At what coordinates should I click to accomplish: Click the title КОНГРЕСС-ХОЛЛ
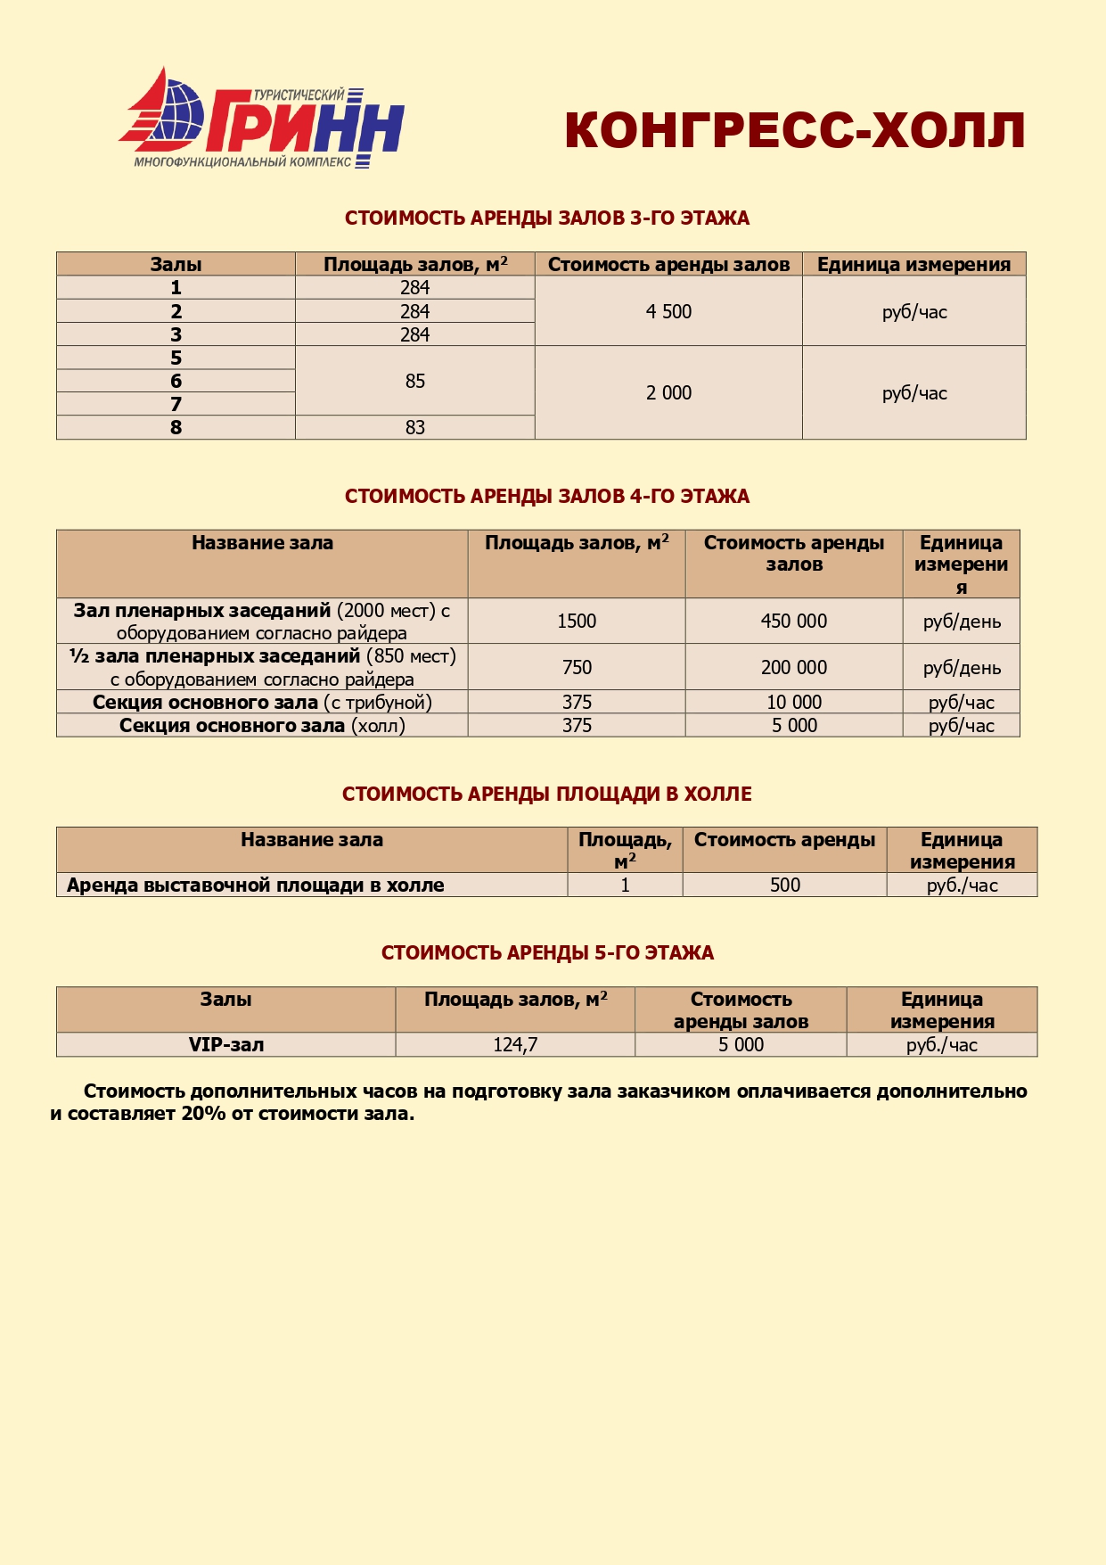(794, 130)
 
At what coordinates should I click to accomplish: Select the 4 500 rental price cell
(668, 311)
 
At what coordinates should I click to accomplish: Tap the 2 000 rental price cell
(668, 392)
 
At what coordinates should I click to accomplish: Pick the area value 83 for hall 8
(415, 427)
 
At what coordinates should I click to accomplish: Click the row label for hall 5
(176, 358)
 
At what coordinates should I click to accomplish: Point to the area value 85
(415, 381)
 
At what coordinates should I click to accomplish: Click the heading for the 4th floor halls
(546, 496)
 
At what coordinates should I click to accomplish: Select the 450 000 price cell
(793, 621)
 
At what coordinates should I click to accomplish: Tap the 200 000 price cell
(793, 667)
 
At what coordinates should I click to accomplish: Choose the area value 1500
(577, 621)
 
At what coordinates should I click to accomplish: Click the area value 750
(577, 667)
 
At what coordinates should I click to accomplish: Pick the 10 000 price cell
(793, 702)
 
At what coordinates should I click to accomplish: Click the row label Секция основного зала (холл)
(262, 725)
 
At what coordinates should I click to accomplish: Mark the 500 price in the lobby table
(784, 885)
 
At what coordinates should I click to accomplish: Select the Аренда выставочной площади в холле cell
(256, 885)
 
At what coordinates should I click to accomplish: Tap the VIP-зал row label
(225, 1044)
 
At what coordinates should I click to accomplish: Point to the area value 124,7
(515, 1044)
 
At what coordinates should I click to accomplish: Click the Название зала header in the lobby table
(312, 839)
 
